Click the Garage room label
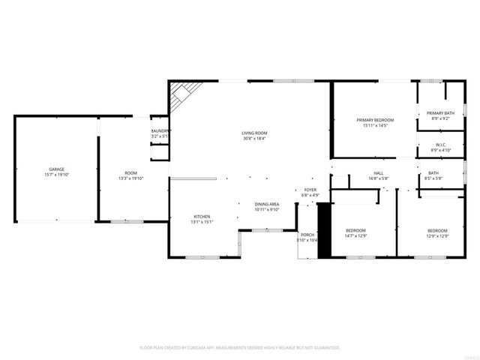56,169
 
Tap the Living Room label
254,132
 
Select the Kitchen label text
202,217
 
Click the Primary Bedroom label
374,120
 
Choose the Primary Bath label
440,113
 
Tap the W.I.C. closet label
440,145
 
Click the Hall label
379,173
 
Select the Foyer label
310,190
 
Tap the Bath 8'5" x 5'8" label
433,173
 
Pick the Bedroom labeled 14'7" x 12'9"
355,230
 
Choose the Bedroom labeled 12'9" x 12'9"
437,230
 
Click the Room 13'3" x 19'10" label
130,173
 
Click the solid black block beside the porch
325,232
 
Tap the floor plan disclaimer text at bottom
240,348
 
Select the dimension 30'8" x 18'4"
254,138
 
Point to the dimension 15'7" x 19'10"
56,175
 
